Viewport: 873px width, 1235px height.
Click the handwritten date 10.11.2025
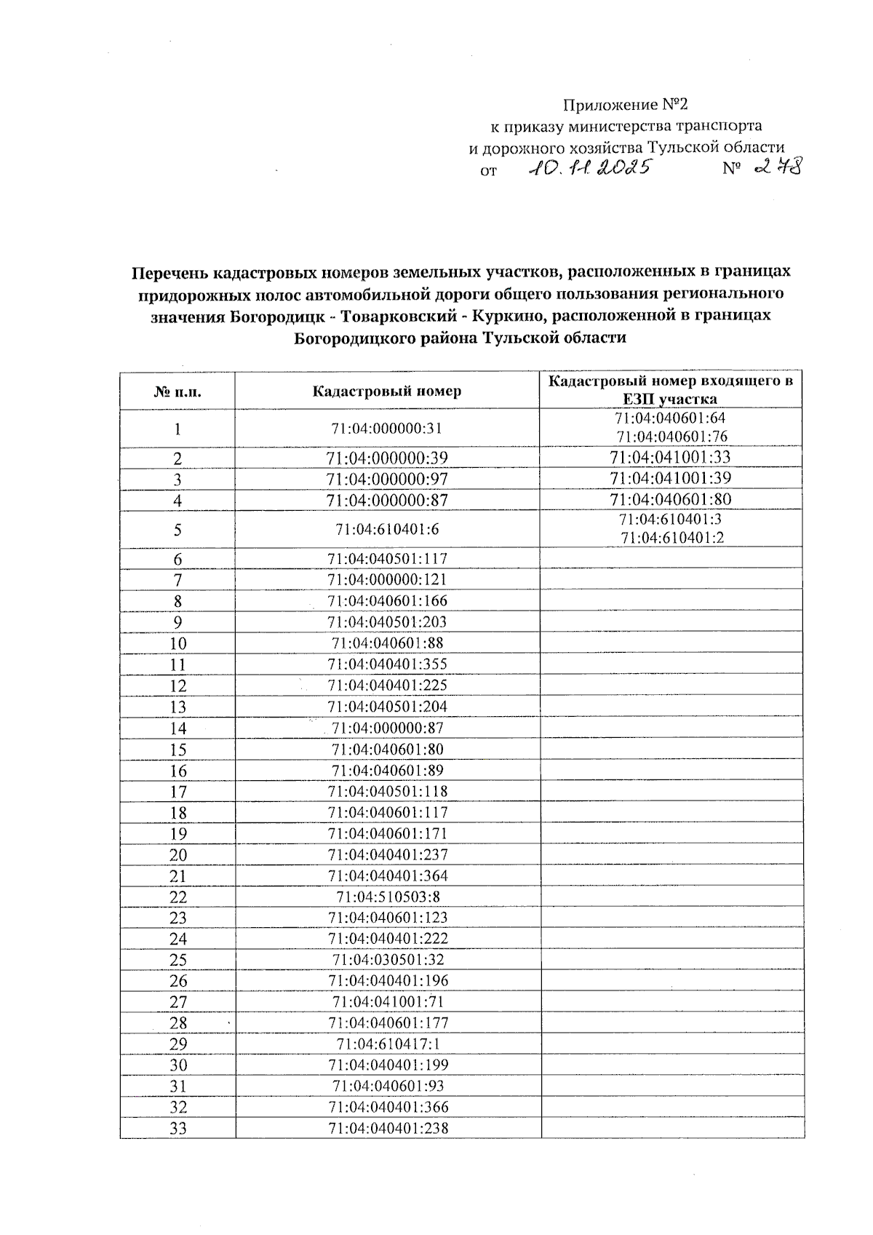click(589, 169)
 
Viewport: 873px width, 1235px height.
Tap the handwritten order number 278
click(778, 168)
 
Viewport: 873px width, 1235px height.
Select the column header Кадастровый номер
click(386, 391)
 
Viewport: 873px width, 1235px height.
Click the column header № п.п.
click(178, 392)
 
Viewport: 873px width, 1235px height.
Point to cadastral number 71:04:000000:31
click(386, 429)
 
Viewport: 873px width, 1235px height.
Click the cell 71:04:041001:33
click(670, 457)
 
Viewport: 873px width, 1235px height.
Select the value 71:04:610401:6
click(386, 529)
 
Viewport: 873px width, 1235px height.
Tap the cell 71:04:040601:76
click(671, 437)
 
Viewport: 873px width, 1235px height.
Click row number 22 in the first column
click(178, 897)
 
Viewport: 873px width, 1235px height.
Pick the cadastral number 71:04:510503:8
click(388, 897)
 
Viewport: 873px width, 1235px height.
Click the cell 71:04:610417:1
click(388, 1044)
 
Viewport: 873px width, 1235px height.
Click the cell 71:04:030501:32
click(388, 960)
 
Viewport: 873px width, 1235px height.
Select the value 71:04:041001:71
click(388, 1001)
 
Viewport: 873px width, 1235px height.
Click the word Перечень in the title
click(168, 272)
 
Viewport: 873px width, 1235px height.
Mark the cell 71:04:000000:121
click(386, 580)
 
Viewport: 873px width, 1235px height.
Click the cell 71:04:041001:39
click(670, 478)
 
